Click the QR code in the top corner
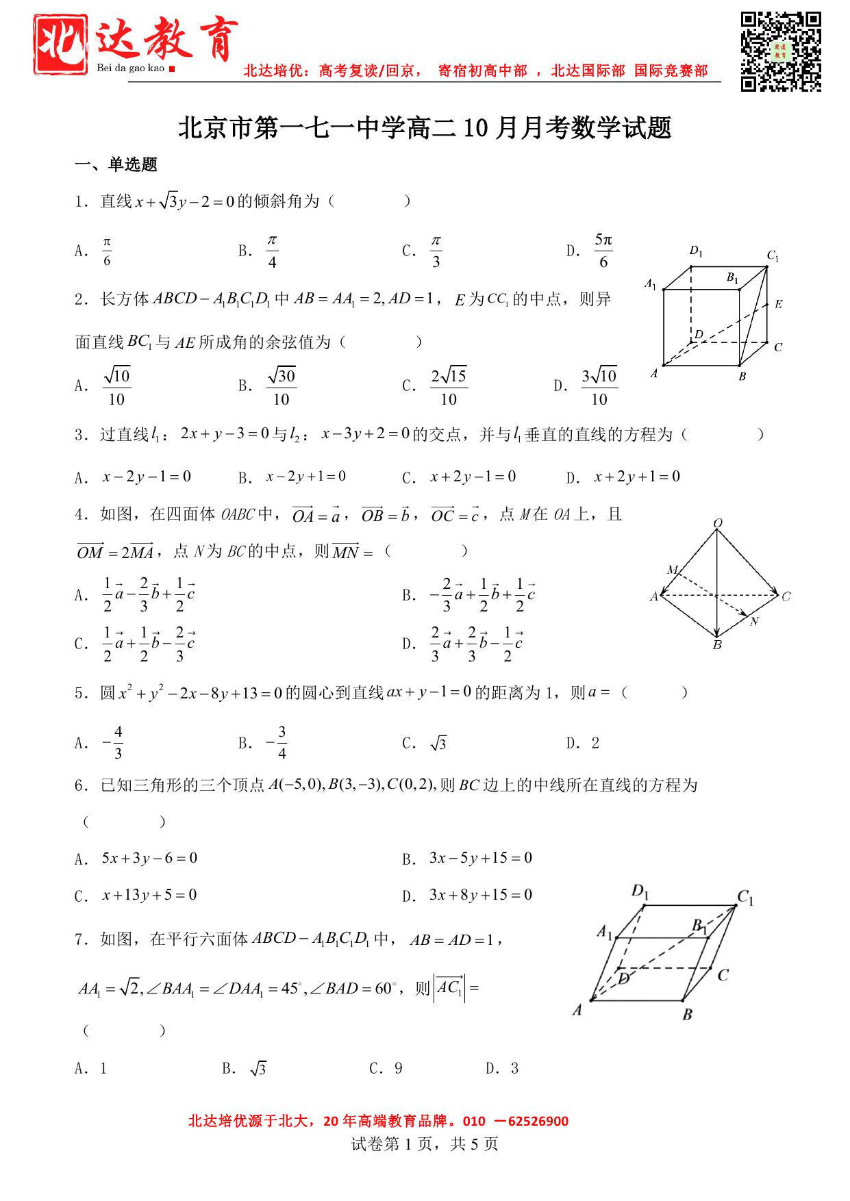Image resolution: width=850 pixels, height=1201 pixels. (x=781, y=51)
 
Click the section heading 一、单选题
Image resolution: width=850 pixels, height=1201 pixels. (x=116, y=164)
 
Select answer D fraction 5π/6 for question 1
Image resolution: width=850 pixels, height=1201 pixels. (x=603, y=251)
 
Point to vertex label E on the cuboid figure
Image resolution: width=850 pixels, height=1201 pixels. (x=778, y=304)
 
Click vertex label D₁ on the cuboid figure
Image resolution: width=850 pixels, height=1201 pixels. (x=696, y=251)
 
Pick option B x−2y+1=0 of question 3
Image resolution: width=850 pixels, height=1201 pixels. (x=305, y=477)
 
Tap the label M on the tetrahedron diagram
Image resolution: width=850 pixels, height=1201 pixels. (x=673, y=570)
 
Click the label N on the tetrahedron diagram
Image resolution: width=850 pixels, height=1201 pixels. (x=754, y=622)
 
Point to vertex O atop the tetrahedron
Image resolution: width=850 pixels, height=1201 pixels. (x=718, y=524)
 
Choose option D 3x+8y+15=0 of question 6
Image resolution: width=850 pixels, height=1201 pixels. (x=480, y=895)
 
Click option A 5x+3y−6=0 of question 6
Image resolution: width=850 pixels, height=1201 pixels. (x=149, y=858)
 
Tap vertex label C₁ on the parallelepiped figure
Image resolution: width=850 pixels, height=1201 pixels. (x=745, y=898)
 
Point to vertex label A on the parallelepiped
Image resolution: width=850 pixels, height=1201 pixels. (x=577, y=1009)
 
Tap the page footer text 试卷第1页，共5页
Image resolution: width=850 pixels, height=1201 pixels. (x=425, y=1143)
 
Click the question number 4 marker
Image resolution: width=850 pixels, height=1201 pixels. (x=79, y=515)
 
